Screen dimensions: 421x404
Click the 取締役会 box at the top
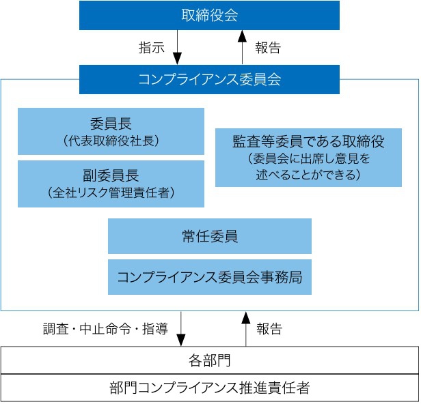coord(209,15)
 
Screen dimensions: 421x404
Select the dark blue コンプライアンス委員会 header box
coord(209,79)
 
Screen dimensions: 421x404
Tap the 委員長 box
coord(111,131)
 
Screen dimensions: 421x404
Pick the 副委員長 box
coord(111,184)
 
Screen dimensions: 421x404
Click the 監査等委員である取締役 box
coord(308,158)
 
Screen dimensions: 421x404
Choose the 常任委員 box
coord(210,236)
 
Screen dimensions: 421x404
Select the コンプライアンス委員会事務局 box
coord(210,277)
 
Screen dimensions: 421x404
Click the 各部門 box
coord(210,360)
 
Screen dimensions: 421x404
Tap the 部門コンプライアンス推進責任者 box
coord(210,388)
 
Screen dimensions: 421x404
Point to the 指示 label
coord(152,48)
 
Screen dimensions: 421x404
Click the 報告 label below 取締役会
coord(268,48)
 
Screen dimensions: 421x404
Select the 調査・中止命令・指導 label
coord(105,329)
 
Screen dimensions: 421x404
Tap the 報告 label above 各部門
coord(269,329)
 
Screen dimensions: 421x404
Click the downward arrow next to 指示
coord(177,47)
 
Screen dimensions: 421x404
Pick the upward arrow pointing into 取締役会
coord(242,47)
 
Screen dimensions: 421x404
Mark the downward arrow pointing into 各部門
coord(181,329)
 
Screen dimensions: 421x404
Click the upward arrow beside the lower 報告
coord(245,329)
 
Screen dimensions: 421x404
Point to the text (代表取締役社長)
coord(111,141)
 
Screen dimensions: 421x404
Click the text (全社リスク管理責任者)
coord(111,192)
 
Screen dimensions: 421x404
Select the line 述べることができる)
coord(308,175)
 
